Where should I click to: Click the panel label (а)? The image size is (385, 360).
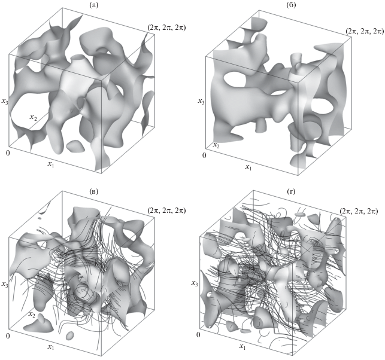point(94,5)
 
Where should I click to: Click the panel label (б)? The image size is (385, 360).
point(291,5)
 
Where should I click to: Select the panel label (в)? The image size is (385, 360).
point(94,191)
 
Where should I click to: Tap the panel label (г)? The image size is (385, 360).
point(291,191)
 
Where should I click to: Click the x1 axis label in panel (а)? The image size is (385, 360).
point(51,164)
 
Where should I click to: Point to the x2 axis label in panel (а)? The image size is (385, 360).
point(34,117)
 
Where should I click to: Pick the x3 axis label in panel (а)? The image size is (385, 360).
point(5,101)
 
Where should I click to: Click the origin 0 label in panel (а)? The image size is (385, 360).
point(8,153)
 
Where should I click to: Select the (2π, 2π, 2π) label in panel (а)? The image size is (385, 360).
point(166,28)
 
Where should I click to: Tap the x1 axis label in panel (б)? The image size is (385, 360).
point(248,167)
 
